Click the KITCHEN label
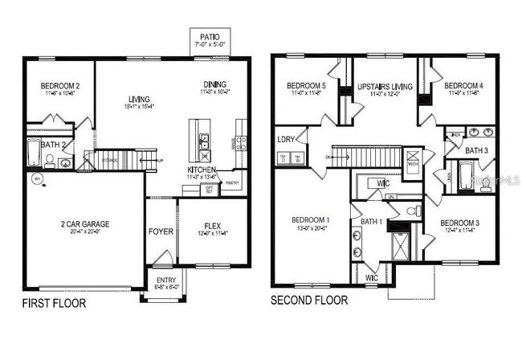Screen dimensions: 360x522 coord(200,170)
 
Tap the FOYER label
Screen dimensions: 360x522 coord(161,232)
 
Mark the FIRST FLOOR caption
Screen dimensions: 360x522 coord(53,304)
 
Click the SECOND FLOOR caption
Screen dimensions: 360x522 coord(309,301)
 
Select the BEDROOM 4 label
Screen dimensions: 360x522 coord(463,85)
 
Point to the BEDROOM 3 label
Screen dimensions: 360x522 coord(460,222)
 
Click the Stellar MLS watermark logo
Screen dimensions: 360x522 coord(495,182)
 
